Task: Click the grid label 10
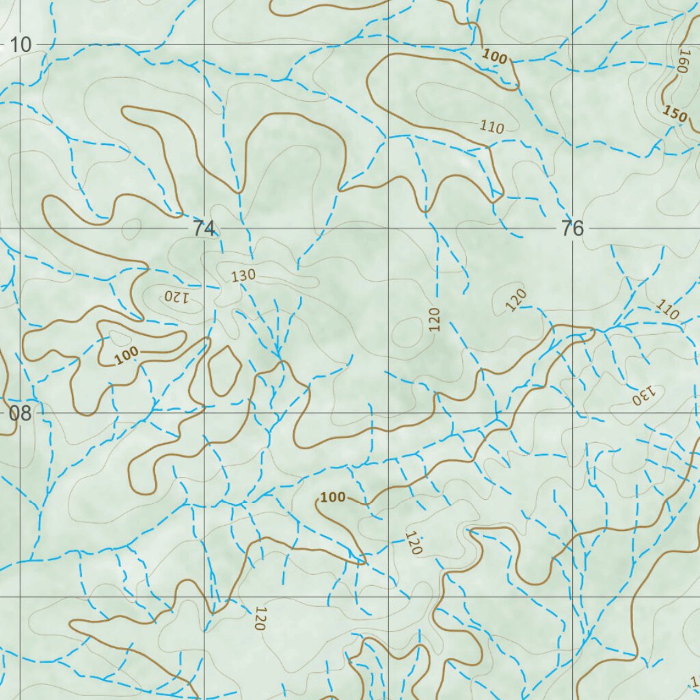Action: click(21, 45)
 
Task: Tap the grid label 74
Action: click(203, 229)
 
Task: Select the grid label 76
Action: click(572, 229)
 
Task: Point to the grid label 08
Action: click(20, 413)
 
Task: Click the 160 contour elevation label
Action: click(682, 61)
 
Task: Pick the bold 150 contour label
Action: click(675, 114)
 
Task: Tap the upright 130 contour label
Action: click(243, 275)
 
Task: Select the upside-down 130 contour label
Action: click(643, 394)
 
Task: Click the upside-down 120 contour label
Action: click(176, 297)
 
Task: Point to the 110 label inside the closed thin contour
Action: click(492, 126)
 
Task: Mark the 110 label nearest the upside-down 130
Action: click(667, 310)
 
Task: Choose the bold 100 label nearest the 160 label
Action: click(494, 57)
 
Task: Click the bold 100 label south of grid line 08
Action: click(333, 497)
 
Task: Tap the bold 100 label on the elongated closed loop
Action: click(126, 354)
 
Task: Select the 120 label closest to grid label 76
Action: click(517, 300)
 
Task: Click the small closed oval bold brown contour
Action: click(224, 370)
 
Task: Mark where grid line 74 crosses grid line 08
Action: click(204, 413)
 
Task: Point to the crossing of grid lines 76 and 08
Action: click(573, 413)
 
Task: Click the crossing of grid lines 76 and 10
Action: click(573, 45)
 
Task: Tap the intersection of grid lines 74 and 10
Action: click(204, 45)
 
